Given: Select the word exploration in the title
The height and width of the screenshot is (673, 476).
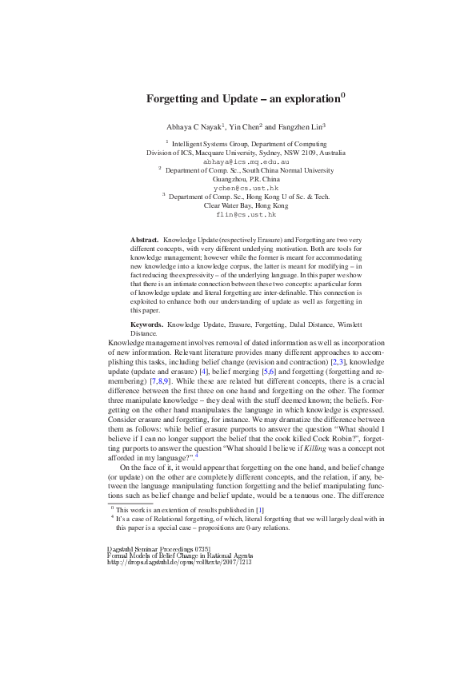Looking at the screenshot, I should point(306,100).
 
